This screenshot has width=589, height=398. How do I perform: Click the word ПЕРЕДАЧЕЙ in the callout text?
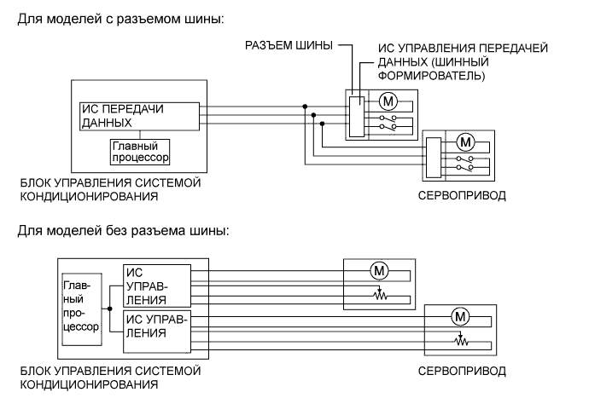(510, 49)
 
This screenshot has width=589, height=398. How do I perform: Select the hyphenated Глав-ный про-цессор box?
(81, 302)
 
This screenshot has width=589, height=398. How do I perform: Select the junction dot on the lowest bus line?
(323, 124)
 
